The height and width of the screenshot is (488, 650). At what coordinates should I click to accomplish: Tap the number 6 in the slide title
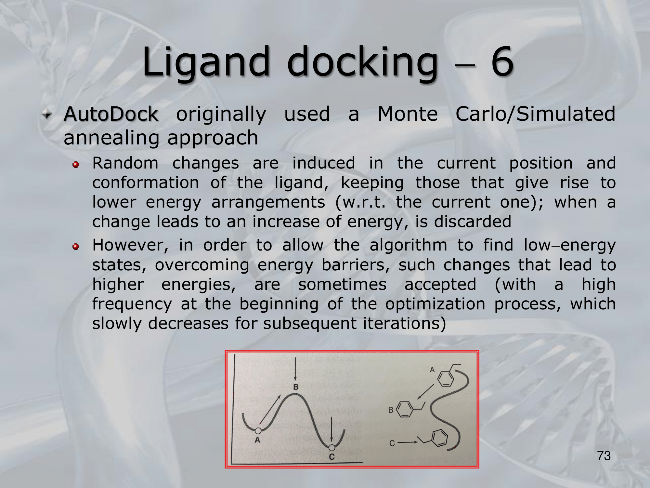point(502,61)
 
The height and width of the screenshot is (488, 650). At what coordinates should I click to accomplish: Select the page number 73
point(604,456)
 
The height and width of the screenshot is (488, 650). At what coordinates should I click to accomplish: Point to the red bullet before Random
point(76,165)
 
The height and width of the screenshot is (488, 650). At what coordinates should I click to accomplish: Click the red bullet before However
point(76,247)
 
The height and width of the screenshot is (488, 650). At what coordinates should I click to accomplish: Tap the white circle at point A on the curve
point(258,431)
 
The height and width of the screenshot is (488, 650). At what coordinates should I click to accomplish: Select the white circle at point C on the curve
point(331,448)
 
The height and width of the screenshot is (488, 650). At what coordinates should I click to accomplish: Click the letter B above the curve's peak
point(296,387)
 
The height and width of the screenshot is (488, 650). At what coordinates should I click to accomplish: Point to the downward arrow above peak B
point(295,369)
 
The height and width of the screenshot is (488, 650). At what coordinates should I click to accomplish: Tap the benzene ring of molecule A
point(446,378)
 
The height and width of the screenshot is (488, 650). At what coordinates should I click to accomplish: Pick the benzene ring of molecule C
point(439,438)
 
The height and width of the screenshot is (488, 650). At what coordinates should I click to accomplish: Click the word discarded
point(473,222)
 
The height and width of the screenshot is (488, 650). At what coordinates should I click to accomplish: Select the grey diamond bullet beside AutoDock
point(47,115)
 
